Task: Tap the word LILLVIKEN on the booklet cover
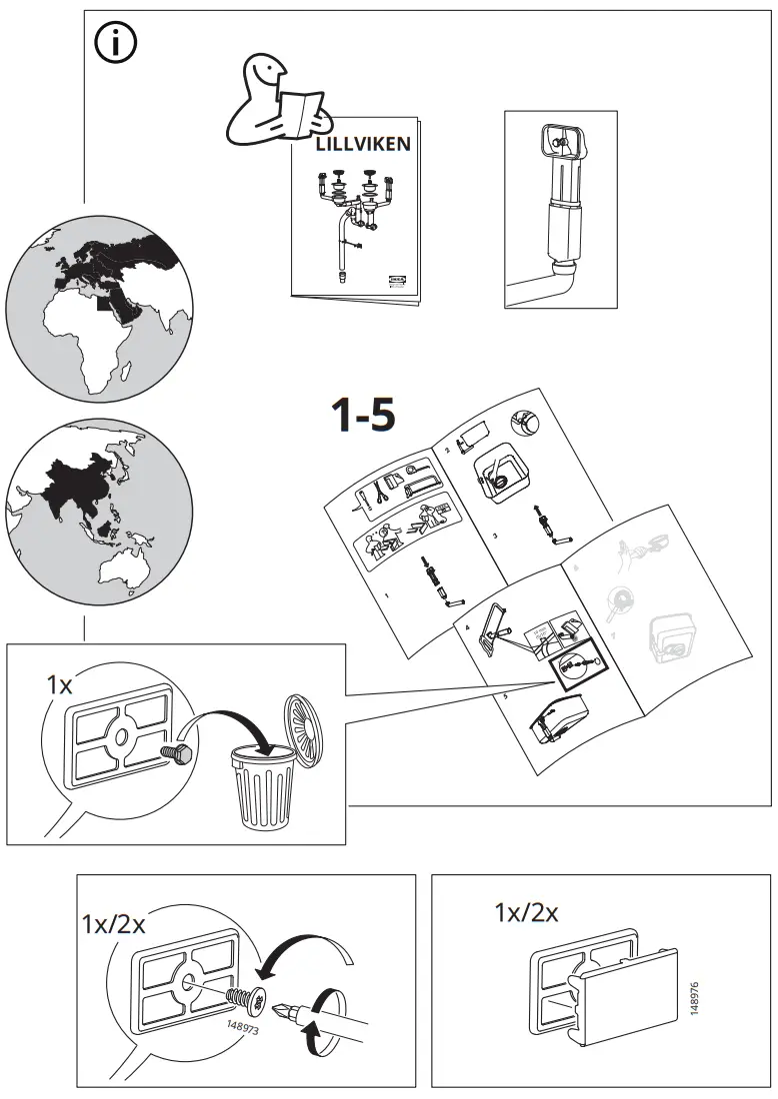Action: (363, 144)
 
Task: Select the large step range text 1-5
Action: (363, 416)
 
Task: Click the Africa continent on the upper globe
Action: (90, 330)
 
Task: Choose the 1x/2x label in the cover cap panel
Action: (526, 911)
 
